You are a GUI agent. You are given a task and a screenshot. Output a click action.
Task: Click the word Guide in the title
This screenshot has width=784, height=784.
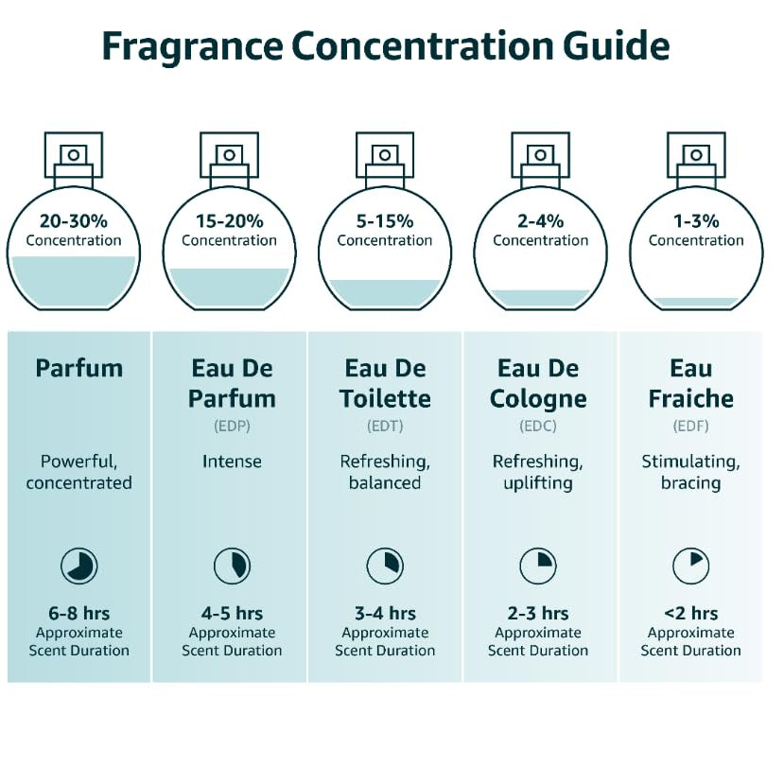(x=616, y=46)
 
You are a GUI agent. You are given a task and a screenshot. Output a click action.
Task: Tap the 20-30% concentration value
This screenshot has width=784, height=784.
(x=74, y=221)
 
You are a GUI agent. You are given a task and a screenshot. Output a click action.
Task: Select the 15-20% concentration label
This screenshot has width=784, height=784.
(x=230, y=221)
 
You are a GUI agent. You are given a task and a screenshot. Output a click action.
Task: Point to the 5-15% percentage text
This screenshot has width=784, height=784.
(x=385, y=221)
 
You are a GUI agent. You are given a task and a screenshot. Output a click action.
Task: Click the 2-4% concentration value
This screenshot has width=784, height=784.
(x=541, y=221)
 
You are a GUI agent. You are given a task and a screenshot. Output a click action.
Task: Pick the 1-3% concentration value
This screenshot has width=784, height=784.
(x=696, y=221)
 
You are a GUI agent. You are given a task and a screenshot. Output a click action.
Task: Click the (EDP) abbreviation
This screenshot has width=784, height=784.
(x=232, y=426)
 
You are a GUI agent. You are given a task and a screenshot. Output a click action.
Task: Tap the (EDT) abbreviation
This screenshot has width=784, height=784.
(x=385, y=426)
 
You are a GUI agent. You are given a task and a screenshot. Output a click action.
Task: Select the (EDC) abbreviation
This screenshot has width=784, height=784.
(x=538, y=426)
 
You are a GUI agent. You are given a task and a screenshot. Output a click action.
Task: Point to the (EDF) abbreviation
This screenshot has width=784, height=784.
(x=691, y=426)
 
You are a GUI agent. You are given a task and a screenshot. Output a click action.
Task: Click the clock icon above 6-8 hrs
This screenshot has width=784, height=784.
(x=79, y=566)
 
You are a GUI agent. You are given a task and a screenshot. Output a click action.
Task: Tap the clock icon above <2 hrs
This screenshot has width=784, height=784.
(x=691, y=566)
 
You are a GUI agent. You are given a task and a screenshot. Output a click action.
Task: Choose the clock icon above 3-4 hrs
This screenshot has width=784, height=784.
(x=385, y=566)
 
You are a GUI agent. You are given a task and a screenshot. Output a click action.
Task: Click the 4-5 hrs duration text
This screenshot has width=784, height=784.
(x=232, y=613)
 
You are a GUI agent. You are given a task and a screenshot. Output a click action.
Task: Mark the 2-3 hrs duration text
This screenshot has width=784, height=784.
(x=538, y=613)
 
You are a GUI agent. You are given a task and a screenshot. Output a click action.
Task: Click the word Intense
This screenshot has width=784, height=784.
(x=232, y=461)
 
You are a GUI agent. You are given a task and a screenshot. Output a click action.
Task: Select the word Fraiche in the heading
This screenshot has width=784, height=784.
(x=691, y=398)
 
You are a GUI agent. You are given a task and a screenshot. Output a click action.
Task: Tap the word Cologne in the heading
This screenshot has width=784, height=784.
(x=538, y=399)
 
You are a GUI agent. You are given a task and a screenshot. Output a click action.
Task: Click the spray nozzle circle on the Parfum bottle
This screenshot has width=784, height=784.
(x=74, y=155)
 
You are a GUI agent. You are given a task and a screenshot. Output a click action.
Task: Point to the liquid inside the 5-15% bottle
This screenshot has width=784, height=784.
(x=385, y=293)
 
